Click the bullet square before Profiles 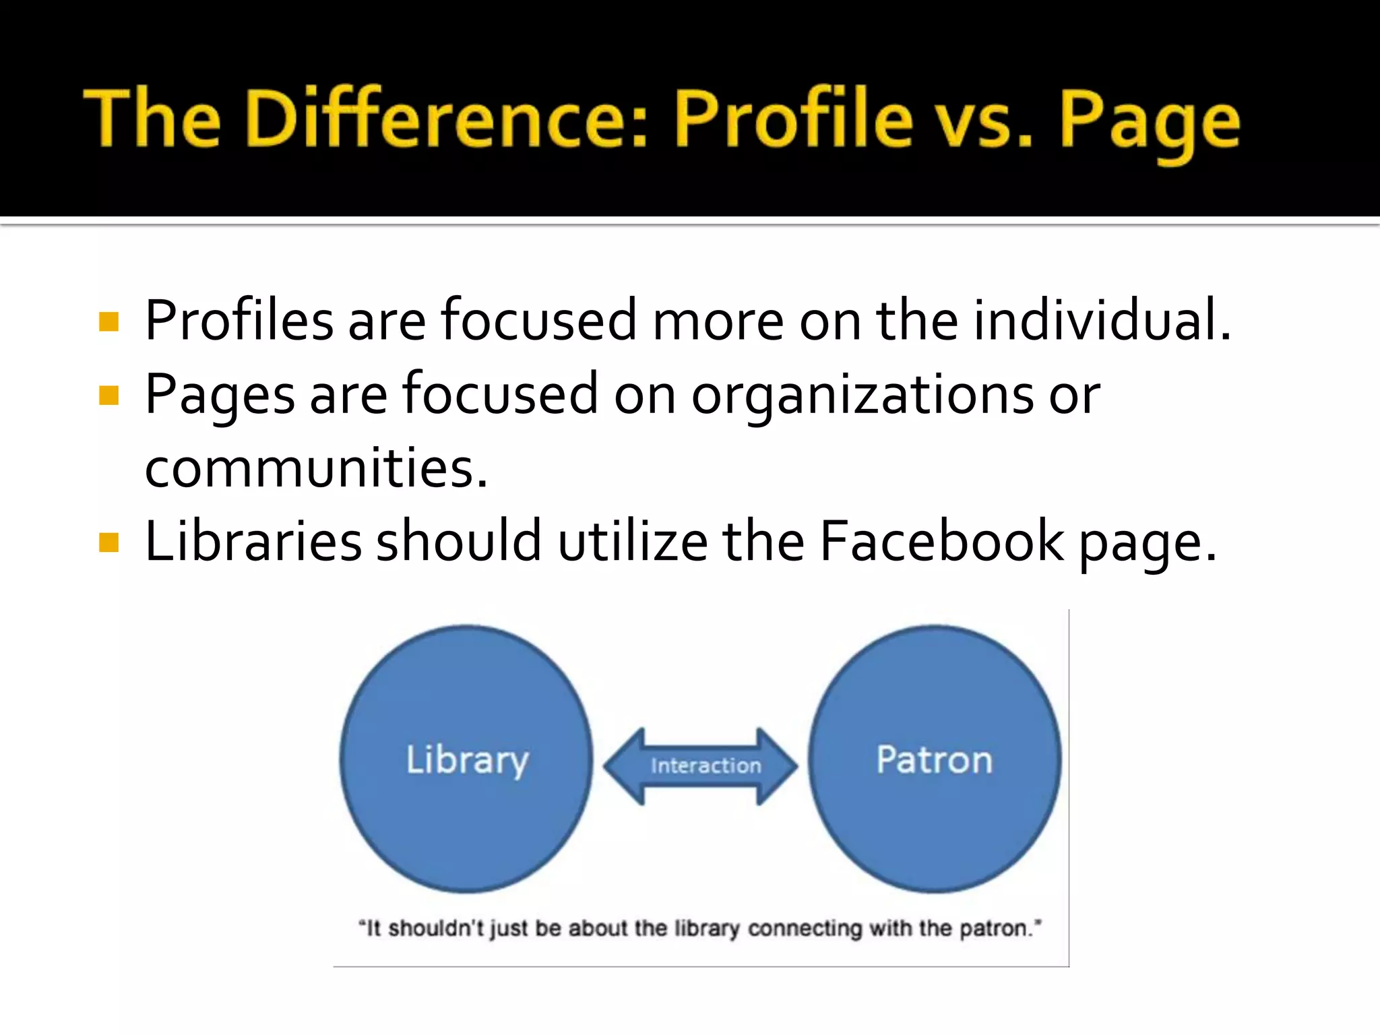coord(108,321)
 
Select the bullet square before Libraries coord(108,542)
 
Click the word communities coord(315,468)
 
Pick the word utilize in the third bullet coord(633,541)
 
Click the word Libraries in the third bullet coord(253,541)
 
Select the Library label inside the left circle coord(467,760)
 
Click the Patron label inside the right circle coord(935,760)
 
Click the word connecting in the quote coord(805,929)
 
